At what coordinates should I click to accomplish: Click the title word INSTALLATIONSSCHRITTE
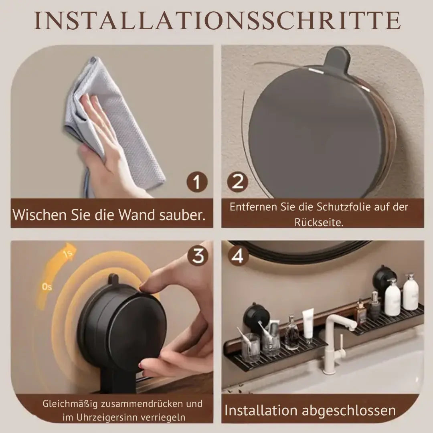(x=216, y=21)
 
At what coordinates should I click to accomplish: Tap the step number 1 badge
(x=196, y=182)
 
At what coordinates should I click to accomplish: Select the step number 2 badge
(x=238, y=182)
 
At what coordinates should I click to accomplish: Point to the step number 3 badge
(x=198, y=256)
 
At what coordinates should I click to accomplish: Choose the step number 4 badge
(x=238, y=256)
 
